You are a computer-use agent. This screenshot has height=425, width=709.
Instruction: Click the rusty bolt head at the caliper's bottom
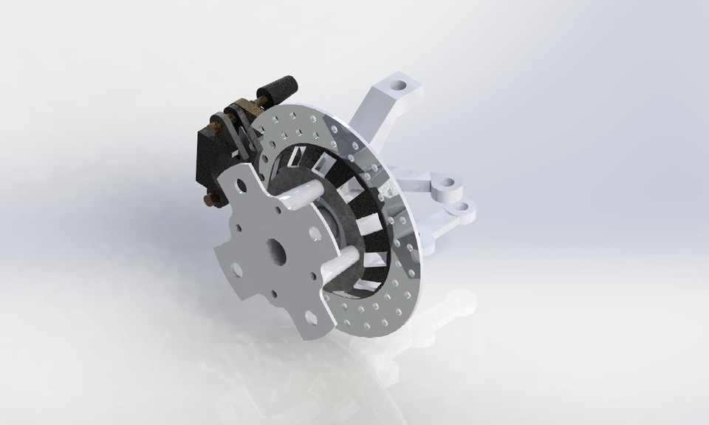pyautogui.click(x=210, y=199)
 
